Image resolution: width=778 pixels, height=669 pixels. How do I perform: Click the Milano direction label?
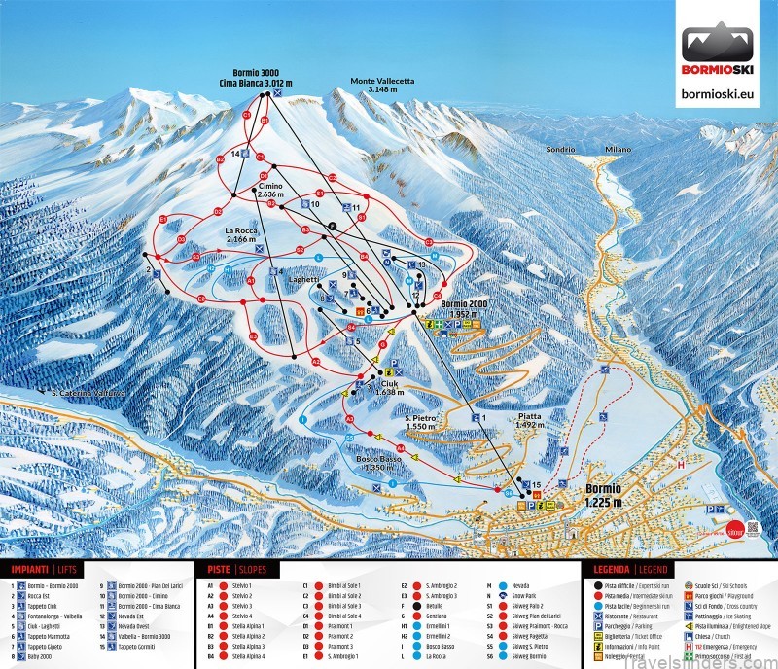coord(617,150)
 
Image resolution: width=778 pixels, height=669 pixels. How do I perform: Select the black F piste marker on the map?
coord(333,225)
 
